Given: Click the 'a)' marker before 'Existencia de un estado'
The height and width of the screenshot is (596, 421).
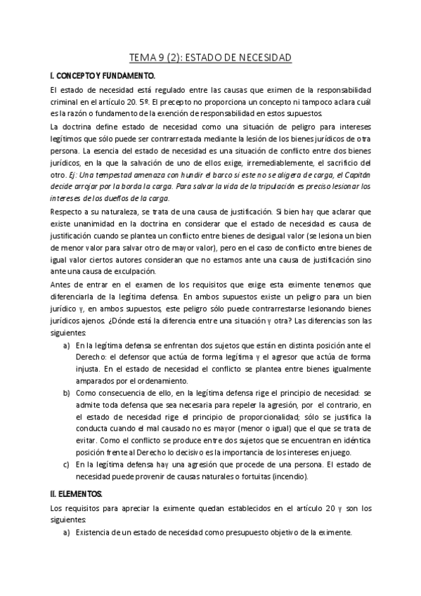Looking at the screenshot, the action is (x=67, y=533).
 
